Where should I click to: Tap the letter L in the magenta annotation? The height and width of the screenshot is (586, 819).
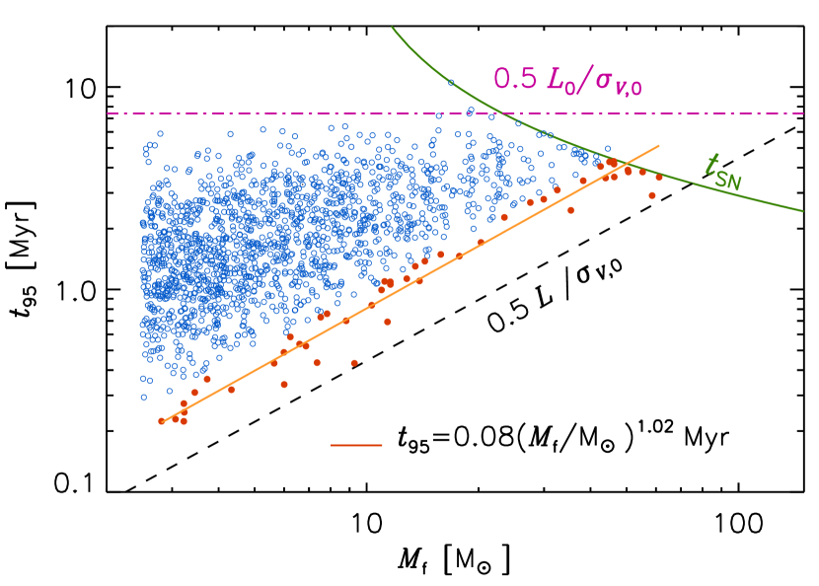(x=554, y=78)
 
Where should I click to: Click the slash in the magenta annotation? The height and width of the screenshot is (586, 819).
(x=583, y=80)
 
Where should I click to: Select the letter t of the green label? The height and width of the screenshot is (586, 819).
(x=712, y=165)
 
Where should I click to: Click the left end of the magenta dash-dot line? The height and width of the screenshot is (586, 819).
(x=108, y=113)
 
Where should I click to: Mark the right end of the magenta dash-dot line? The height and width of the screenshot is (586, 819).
(x=803, y=113)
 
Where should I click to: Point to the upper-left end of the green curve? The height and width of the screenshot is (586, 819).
(x=393, y=28)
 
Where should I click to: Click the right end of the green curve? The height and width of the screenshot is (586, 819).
(x=803, y=210)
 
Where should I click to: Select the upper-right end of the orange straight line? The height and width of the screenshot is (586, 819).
(x=659, y=146)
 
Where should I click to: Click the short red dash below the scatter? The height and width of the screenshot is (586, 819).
(x=356, y=445)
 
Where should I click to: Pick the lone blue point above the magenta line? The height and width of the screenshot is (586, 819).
(x=451, y=82)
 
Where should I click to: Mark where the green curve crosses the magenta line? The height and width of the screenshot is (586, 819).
(x=500, y=113)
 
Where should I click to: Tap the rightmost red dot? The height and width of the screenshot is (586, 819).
(x=659, y=178)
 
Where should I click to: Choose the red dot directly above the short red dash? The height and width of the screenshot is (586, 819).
(x=354, y=363)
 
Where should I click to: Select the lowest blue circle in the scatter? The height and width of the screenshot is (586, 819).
(x=144, y=397)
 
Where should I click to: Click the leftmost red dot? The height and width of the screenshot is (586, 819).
(x=161, y=421)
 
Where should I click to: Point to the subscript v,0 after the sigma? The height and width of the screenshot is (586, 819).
(x=628, y=89)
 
